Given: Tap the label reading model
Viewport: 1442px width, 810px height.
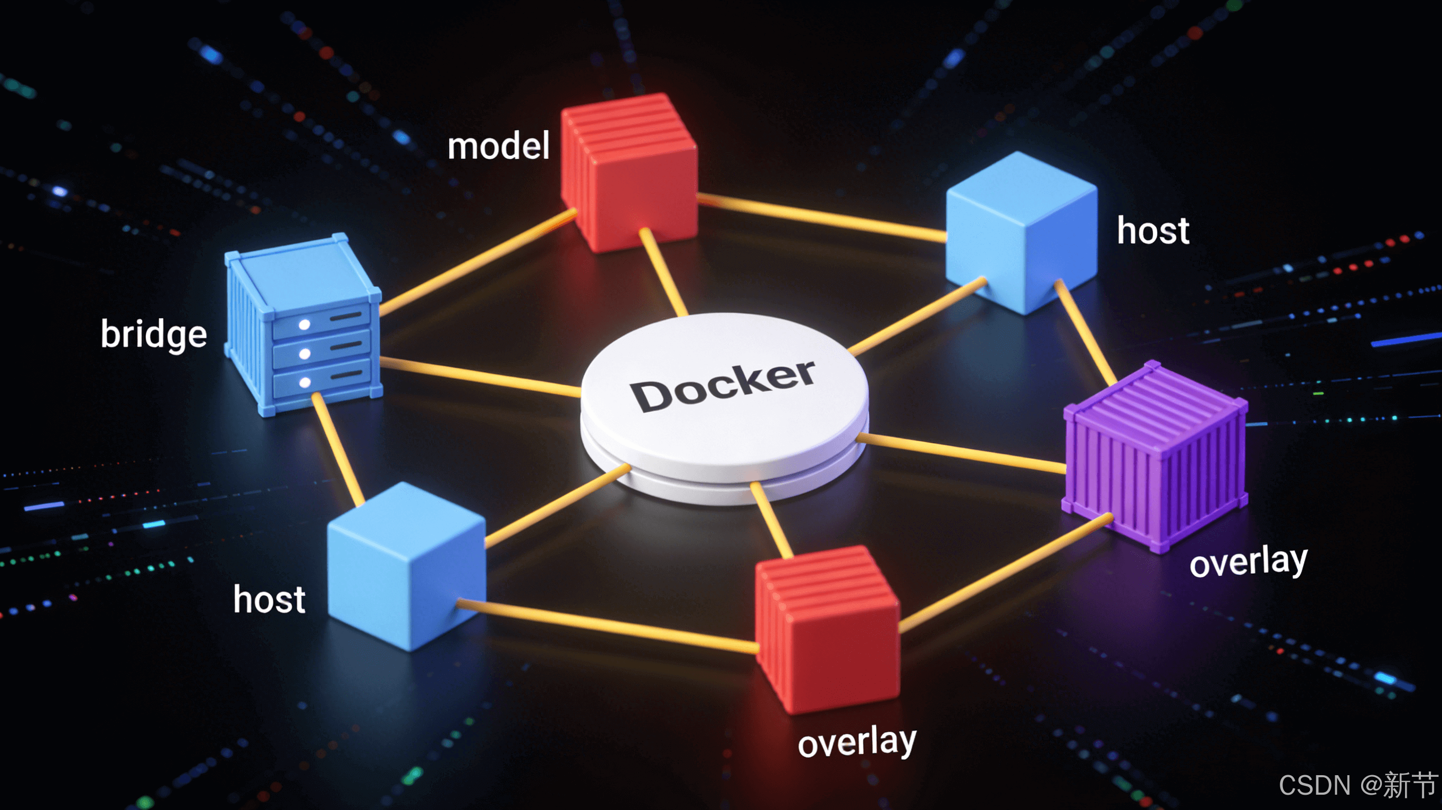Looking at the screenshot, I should [498, 147].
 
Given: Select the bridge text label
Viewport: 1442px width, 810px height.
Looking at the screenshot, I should [154, 335].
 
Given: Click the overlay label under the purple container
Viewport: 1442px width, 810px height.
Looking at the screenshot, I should [1248, 562].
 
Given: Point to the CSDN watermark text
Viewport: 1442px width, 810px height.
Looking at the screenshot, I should [1357, 785].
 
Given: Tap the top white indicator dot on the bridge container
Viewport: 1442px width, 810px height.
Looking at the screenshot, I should [305, 325].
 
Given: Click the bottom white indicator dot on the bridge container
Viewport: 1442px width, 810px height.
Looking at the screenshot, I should [305, 383].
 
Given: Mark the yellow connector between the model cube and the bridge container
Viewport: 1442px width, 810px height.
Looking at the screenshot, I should [476, 262].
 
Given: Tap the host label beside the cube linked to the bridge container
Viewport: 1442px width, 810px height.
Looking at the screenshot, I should [269, 599].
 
